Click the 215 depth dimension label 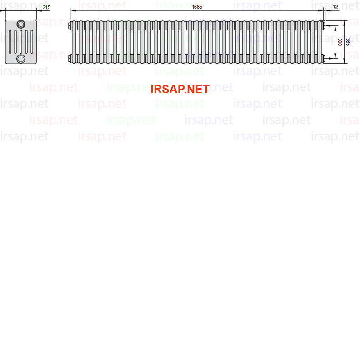click(x=47, y=7)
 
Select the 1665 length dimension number click(x=197, y=7)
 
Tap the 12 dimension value click(x=335, y=6)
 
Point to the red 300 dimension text click(x=340, y=42)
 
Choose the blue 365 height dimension click(x=348, y=42)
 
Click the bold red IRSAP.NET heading click(x=180, y=89)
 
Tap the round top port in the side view click(x=21, y=24)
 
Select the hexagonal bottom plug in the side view click(x=21, y=59)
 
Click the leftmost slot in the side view click(x=10, y=42)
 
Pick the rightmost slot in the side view click(x=32, y=42)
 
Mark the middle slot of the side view click(x=21, y=42)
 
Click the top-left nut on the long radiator click(x=70, y=25)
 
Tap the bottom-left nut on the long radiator click(x=70, y=58)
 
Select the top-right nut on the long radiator click(x=324, y=25)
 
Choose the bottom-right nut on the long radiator click(x=324, y=58)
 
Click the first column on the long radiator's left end click(x=74, y=42)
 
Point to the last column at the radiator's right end click(x=320, y=42)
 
